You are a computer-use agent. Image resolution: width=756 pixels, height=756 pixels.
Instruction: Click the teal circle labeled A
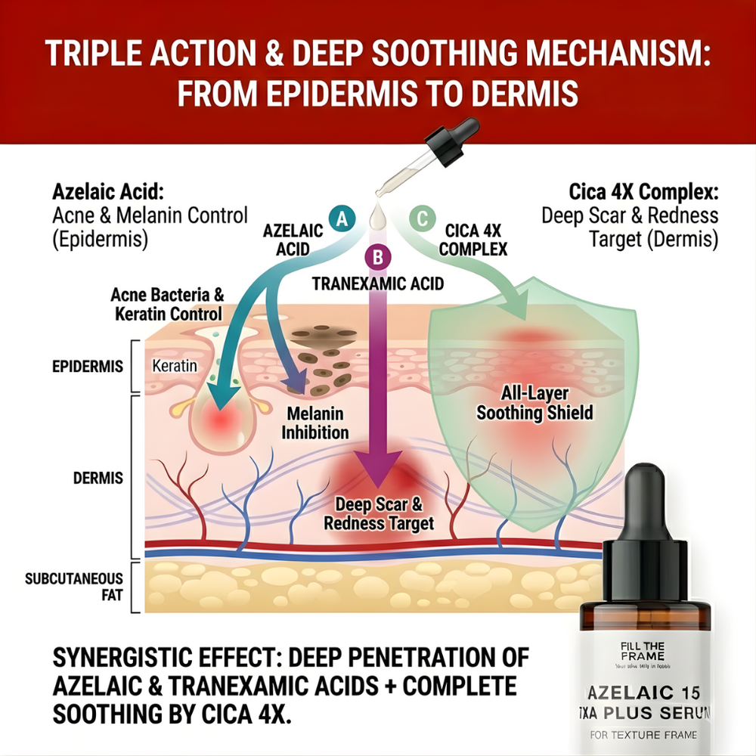click(342, 219)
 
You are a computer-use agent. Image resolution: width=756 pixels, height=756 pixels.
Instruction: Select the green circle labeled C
click(422, 219)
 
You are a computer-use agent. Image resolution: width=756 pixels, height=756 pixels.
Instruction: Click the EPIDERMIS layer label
click(88, 367)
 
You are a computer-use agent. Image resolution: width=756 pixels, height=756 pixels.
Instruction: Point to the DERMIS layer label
click(99, 479)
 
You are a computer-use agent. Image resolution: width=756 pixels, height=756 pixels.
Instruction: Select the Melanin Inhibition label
click(314, 423)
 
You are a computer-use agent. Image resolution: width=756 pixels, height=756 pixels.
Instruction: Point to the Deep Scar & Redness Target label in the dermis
click(379, 513)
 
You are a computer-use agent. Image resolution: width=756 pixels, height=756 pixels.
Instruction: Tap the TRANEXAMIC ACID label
click(378, 284)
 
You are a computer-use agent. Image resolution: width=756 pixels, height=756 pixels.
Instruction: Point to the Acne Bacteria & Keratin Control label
click(166, 304)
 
